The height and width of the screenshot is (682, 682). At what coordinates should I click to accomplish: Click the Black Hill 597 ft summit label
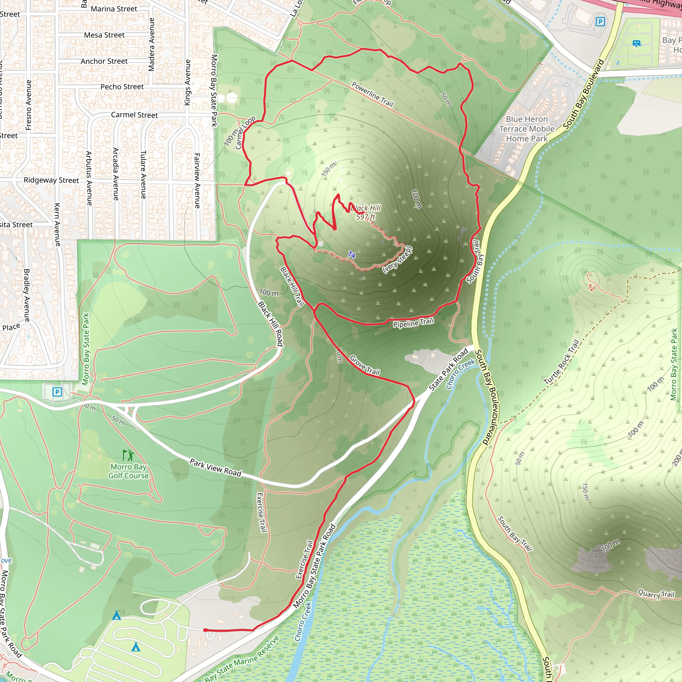point(366,212)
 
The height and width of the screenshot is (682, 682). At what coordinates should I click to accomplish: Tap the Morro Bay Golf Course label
point(129,471)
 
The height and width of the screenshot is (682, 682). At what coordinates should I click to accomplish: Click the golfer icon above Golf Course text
point(128,455)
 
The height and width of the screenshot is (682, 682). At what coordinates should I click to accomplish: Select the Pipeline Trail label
point(413,323)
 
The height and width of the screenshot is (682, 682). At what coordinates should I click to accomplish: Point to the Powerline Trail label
point(372,94)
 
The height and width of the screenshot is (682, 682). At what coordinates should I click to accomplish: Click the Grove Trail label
point(365,365)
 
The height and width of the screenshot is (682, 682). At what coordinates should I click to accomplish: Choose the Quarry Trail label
point(656,594)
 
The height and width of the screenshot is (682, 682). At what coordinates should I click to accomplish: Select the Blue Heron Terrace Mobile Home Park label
point(527,129)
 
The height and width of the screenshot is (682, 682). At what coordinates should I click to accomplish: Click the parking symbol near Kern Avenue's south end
point(57,392)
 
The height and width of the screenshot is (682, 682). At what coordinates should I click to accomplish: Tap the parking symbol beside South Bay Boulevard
point(600,22)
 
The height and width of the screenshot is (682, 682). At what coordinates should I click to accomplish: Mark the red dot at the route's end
point(205,630)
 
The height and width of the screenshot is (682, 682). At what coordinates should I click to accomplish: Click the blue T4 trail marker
point(352,254)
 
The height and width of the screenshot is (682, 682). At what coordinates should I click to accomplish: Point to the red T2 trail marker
point(592,288)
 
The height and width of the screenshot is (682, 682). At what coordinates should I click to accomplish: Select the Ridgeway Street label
point(52,180)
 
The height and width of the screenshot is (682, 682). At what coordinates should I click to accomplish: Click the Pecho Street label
point(122,87)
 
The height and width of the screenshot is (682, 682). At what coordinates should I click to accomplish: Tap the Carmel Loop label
point(245,133)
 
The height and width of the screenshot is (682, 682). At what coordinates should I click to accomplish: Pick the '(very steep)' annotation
point(398,259)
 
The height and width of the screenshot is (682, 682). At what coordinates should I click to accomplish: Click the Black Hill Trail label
point(292,286)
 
